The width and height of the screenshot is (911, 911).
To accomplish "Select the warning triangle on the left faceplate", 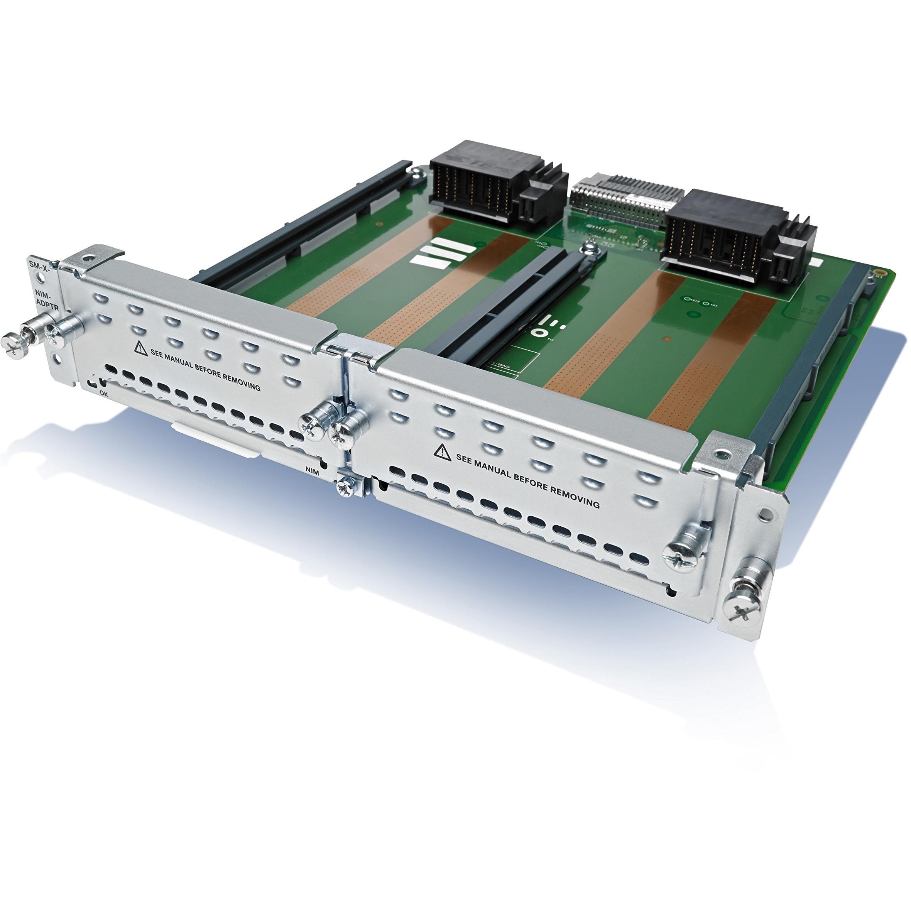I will (140, 348).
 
